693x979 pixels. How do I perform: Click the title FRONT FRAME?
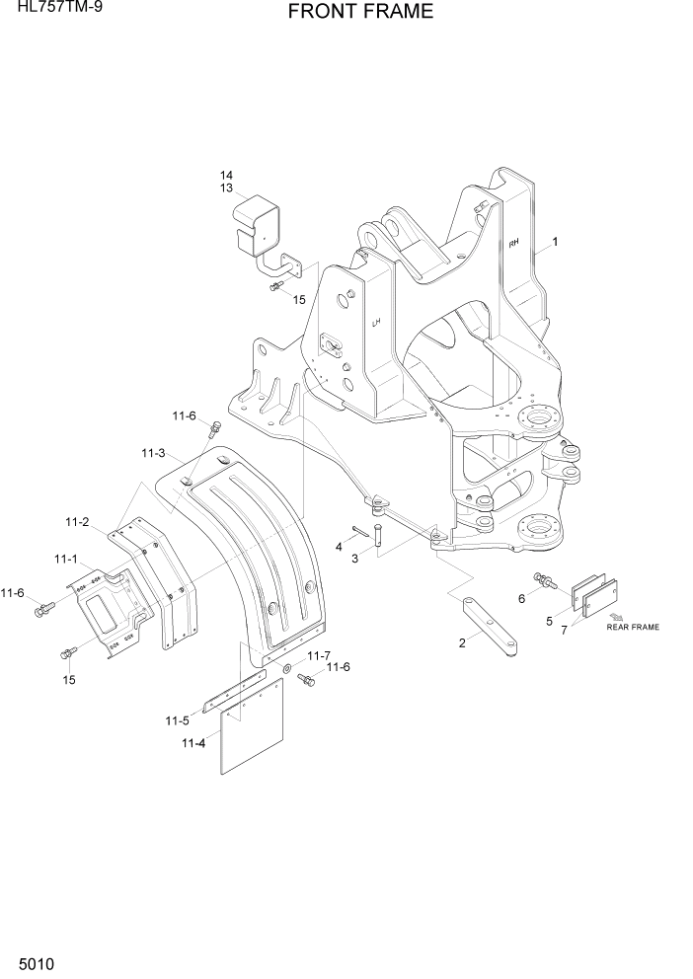[x=360, y=12]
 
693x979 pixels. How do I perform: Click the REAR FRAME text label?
[x=633, y=626]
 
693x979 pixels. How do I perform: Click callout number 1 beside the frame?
[x=556, y=241]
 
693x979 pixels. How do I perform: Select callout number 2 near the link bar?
[x=462, y=643]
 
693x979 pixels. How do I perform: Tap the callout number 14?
[x=226, y=175]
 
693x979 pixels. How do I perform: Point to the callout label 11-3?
[x=153, y=453]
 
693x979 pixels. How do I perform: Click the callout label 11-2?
[x=78, y=520]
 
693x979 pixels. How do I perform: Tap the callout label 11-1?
[x=66, y=559]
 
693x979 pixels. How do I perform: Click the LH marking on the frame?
[x=376, y=323]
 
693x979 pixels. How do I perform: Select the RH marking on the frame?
[x=513, y=242]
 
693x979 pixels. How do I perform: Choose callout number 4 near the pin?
[x=339, y=546]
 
